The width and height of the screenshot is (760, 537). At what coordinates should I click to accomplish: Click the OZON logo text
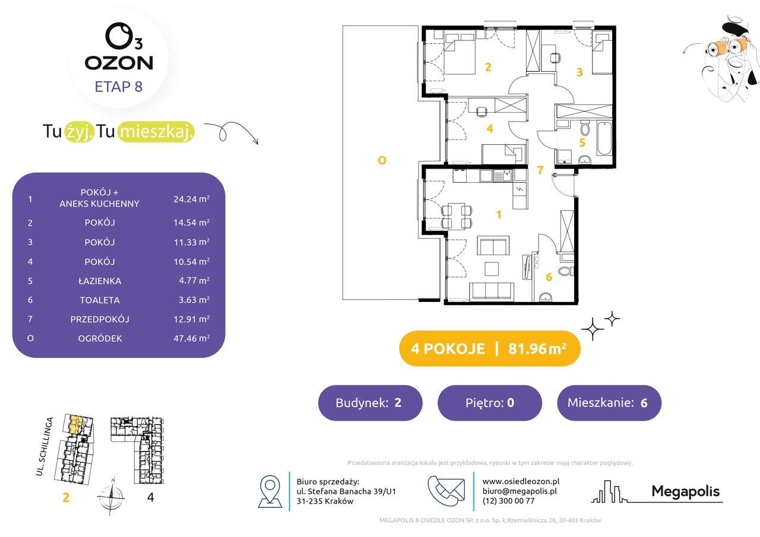point(119,63)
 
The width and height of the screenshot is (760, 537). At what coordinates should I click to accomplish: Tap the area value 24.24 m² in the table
point(191,199)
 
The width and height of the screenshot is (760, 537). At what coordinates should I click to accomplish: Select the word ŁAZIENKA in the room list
point(100,281)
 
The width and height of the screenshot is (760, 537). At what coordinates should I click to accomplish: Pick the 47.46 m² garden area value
point(191,338)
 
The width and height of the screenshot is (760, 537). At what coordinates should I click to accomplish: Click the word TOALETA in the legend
point(100,300)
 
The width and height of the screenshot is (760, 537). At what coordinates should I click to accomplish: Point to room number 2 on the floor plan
point(488,67)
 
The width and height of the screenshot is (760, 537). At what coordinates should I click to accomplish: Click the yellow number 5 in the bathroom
point(582,142)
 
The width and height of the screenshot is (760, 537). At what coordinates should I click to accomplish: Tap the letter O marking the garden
point(382,160)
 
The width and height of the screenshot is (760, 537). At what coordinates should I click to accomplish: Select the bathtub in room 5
point(604,139)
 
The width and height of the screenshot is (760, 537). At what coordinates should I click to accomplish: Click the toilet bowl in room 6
point(565,271)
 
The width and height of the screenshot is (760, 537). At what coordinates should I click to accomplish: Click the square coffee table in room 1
point(491,268)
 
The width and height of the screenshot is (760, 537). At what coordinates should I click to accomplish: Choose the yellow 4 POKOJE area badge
point(489,348)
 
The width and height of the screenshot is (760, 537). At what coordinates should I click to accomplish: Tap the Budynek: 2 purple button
point(370,403)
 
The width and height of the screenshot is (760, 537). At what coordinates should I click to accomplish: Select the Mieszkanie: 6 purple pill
point(609,403)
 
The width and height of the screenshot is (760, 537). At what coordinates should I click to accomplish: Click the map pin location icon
point(270,491)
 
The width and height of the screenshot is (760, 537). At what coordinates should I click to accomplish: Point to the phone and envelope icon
point(446,491)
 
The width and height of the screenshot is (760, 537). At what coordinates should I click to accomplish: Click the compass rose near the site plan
point(111,497)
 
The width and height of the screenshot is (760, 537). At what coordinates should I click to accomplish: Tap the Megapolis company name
point(686,491)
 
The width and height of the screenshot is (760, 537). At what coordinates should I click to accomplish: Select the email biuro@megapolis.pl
point(520,491)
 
